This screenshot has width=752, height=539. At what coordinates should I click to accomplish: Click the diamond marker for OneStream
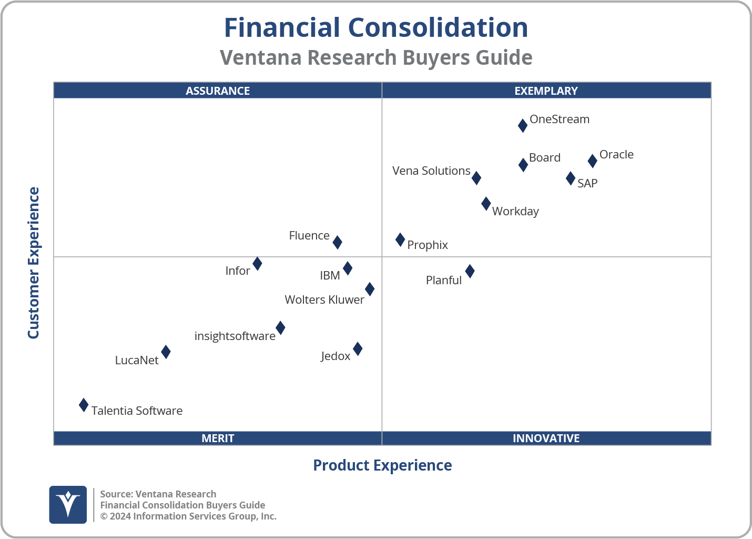[523, 125]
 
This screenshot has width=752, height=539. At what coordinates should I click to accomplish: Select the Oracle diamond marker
[592, 161]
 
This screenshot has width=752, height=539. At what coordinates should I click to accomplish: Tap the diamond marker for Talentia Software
[84, 405]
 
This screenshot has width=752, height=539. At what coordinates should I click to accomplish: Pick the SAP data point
[571, 178]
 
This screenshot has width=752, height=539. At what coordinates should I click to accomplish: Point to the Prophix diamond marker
[400, 240]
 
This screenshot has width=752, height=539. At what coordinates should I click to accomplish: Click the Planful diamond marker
[470, 271]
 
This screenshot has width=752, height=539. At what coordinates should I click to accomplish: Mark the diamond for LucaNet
[166, 352]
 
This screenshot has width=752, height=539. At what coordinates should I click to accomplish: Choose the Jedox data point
[358, 348]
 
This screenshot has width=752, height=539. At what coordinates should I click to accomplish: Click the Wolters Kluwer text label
[324, 300]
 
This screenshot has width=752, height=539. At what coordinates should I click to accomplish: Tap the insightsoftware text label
[235, 336]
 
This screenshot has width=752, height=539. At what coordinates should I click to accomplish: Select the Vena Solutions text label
[431, 171]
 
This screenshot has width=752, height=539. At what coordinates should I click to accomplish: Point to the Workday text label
[515, 212]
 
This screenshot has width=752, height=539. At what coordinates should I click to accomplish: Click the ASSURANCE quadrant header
[218, 91]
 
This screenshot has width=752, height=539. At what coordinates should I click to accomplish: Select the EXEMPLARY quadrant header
[546, 91]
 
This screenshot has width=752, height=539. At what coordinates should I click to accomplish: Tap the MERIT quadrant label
[218, 438]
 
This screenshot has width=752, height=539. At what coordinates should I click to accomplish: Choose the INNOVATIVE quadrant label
[546, 438]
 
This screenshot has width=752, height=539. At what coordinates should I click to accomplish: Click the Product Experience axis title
[382, 465]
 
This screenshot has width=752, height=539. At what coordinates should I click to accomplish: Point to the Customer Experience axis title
[34, 263]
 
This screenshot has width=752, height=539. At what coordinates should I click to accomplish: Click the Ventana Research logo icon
[68, 504]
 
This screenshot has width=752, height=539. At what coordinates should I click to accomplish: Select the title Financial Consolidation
[376, 28]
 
